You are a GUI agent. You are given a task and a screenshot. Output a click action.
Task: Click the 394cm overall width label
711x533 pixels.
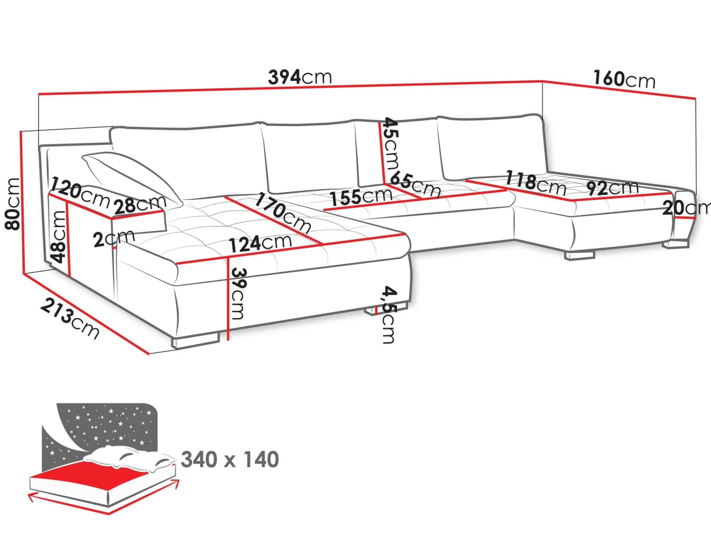coord(300,77)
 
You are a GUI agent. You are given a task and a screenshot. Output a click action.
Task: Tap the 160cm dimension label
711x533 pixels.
coord(624,79)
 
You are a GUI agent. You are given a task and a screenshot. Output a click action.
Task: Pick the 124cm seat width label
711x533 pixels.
coord(260,243)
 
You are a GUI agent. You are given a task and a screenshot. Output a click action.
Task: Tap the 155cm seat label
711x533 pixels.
coord(361,197)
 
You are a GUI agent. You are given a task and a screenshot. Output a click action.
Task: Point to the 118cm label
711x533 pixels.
coord(536,182)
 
